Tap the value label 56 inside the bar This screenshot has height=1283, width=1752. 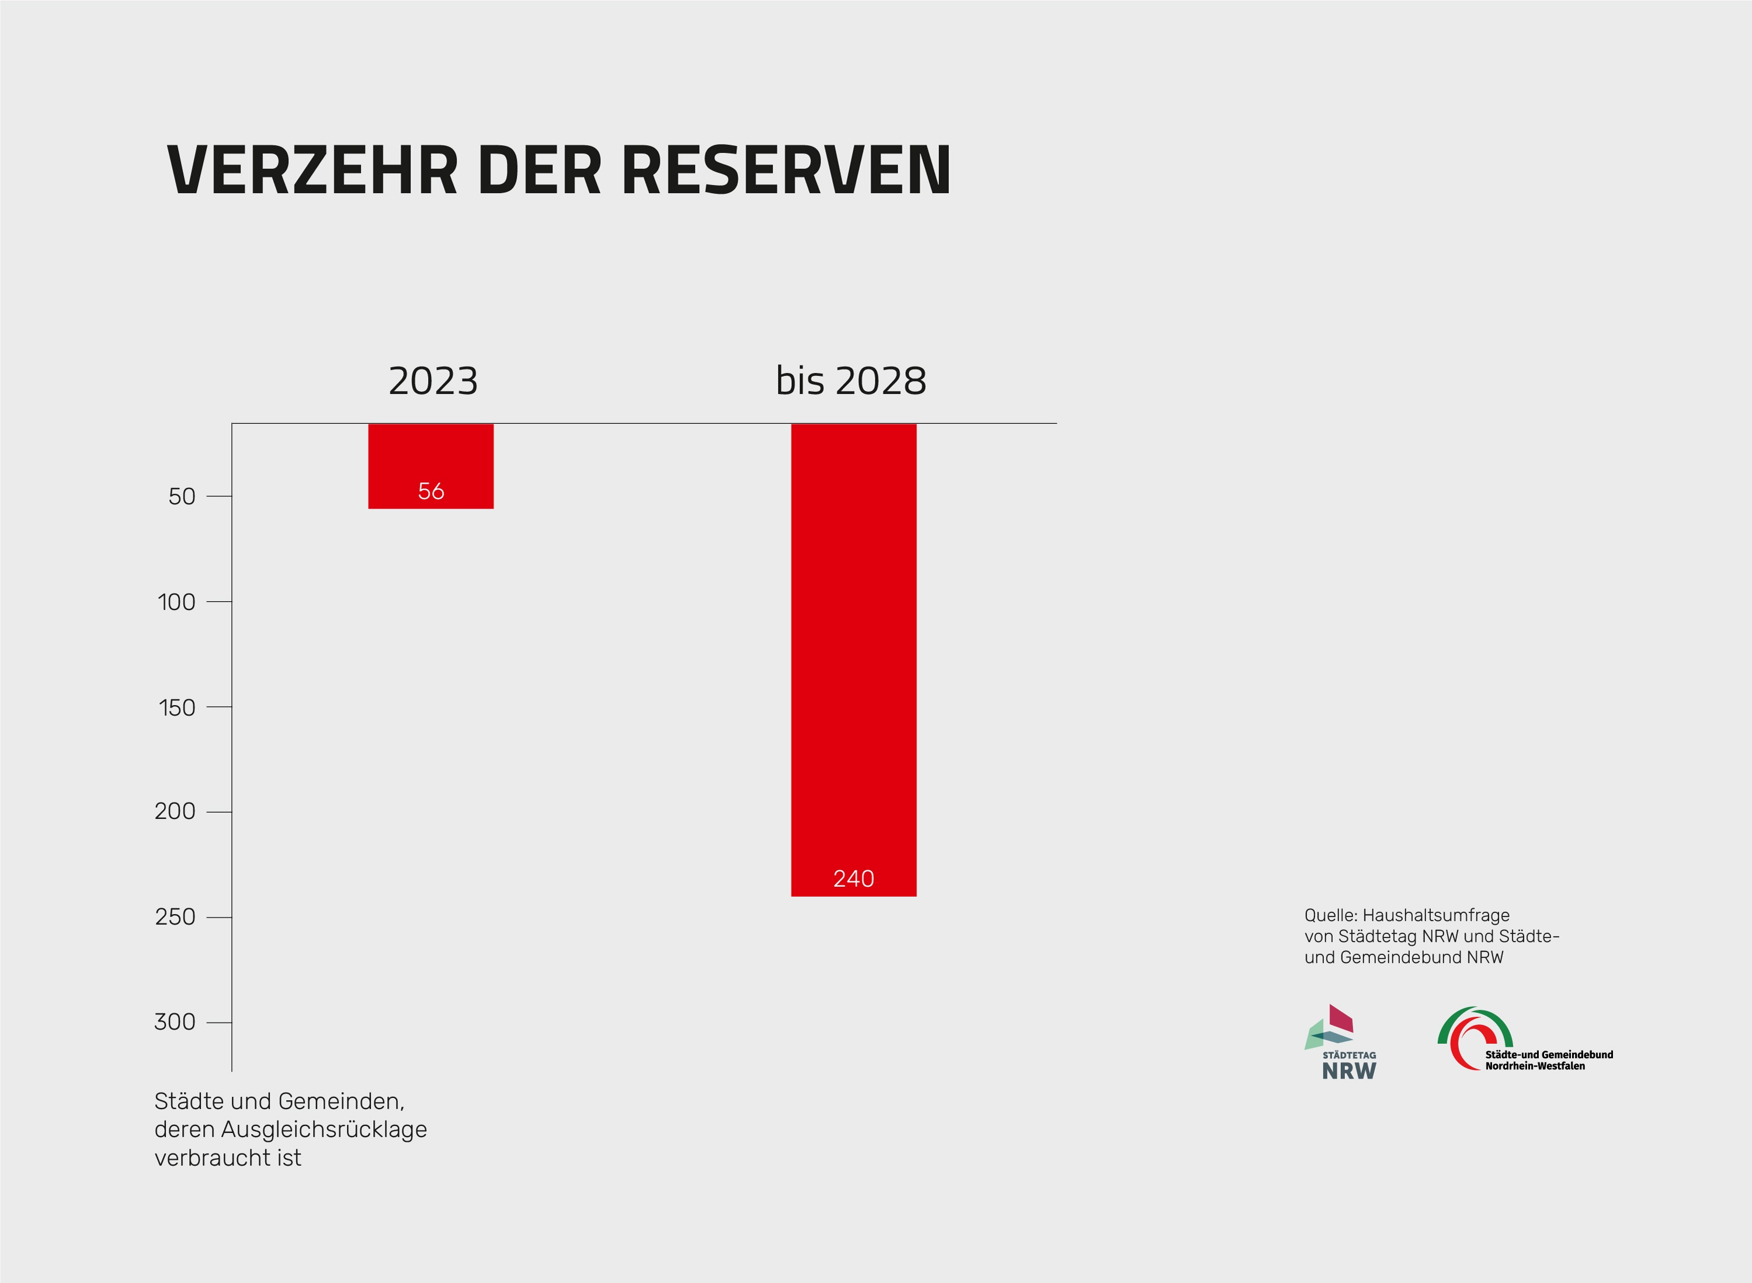click(430, 491)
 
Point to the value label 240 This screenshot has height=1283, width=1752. click(853, 878)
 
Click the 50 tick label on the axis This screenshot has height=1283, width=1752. click(182, 496)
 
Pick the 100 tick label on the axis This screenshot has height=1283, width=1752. click(176, 602)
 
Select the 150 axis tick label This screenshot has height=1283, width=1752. click(176, 707)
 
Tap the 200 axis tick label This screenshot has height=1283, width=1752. click(175, 811)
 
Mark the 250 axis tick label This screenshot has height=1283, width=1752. click(175, 917)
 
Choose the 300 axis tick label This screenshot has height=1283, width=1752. click(175, 1022)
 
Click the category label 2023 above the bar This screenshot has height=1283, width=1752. click(433, 381)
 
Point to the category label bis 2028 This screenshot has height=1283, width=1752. click(851, 381)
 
